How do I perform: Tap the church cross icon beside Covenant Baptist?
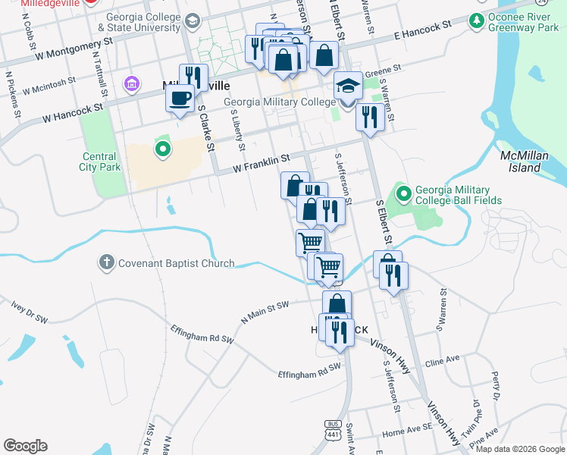[x=106, y=264]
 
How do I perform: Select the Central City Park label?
[x=100, y=162]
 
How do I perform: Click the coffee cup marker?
[x=180, y=99]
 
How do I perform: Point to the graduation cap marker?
[x=348, y=86]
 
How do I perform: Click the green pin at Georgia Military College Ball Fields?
[x=403, y=195]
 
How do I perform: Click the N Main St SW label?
[x=265, y=311]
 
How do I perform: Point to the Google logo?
[x=25, y=446]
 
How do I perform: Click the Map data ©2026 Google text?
[x=519, y=449]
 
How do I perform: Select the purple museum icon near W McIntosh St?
[x=132, y=82]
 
